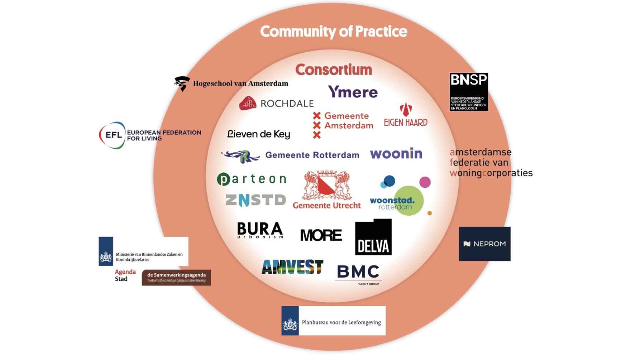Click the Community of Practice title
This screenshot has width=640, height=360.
pyautogui.click(x=333, y=32)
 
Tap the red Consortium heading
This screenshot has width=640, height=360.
pyautogui.click(x=334, y=69)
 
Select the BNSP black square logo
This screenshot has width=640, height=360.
pyautogui.click(x=469, y=92)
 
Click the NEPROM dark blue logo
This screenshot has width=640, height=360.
pyautogui.click(x=484, y=244)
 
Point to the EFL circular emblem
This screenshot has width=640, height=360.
pyautogui.click(x=112, y=135)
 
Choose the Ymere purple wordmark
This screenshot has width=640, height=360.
pyautogui.click(x=353, y=92)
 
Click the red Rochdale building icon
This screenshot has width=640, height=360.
pyautogui.click(x=248, y=103)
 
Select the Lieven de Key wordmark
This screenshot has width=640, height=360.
pyautogui.click(x=259, y=134)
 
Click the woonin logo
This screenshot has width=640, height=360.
pyautogui.click(x=396, y=154)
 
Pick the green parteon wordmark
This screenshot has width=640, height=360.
pyautogui.click(x=252, y=179)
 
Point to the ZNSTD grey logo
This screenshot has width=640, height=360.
pyautogui.click(x=255, y=200)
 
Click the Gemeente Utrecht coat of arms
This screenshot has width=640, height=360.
pyautogui.click(x=326, y=186)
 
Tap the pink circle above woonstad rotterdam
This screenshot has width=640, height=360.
pyautogui.click(x=425, y=182)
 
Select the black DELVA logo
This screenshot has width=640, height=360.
pyautogui.click(x=373, y=237)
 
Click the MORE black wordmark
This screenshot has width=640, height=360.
pyautogui.click(x=321, y=235)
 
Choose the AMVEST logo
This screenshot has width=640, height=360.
pyautogui.click(x=292, y=267)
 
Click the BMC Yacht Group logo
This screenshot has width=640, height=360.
pyautogui.click(x=358, y=274)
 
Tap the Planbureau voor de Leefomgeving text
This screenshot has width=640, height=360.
pyautogui.click(x=341, y=322)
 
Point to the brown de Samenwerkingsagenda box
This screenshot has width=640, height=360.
pyautogui.click(x=176, y=277)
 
